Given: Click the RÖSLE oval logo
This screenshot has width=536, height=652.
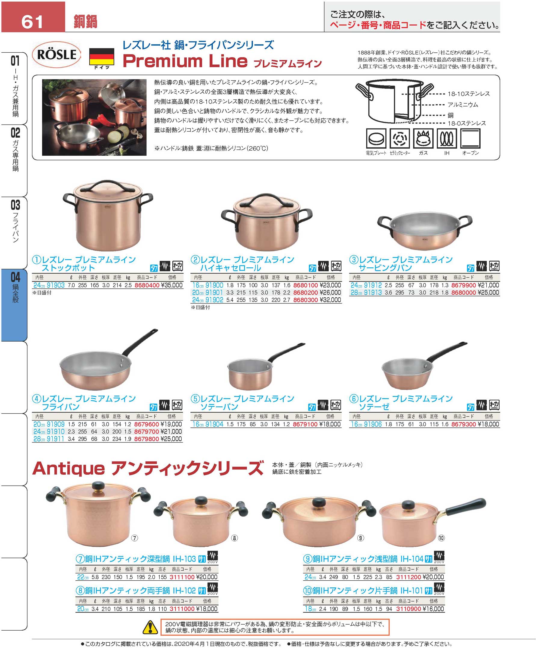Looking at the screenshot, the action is click(57, 55).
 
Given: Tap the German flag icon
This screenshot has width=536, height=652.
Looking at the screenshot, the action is click(102, 56).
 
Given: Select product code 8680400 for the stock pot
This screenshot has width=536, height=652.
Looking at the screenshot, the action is click(147, 285).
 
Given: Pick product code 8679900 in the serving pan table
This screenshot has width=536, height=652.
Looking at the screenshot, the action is click(464, 285).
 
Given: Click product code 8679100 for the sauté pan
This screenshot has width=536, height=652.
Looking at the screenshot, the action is click(305, 424).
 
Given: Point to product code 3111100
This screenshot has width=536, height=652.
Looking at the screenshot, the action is click(182, 577).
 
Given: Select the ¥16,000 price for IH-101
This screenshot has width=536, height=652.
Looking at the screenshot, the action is click(433, 609).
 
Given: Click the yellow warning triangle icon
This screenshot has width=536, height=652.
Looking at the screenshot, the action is click(150, 627).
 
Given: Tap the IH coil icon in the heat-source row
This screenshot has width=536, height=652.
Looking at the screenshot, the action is click(446, 139).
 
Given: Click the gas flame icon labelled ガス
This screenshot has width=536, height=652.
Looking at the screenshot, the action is click(423, 139).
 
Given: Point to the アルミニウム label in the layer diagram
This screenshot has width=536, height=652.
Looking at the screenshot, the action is click(463, 105).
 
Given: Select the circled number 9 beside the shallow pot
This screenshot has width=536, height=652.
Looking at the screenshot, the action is click(360, 538).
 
